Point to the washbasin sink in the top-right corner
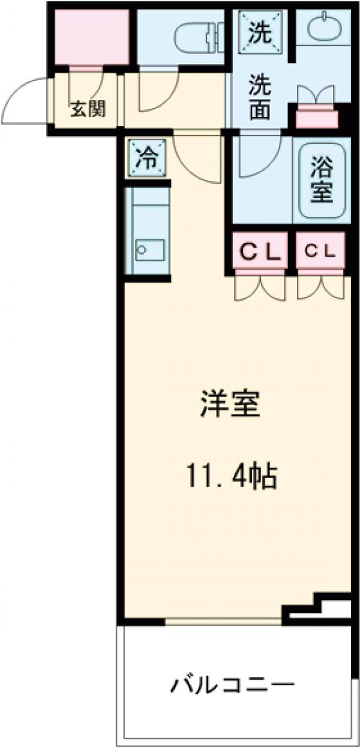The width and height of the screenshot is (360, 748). tap(323, 27)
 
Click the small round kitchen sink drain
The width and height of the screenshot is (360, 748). tap(142, 248)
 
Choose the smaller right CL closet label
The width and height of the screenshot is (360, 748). tap(321, 253)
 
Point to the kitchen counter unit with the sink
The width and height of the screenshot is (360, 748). tap(146, 234)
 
